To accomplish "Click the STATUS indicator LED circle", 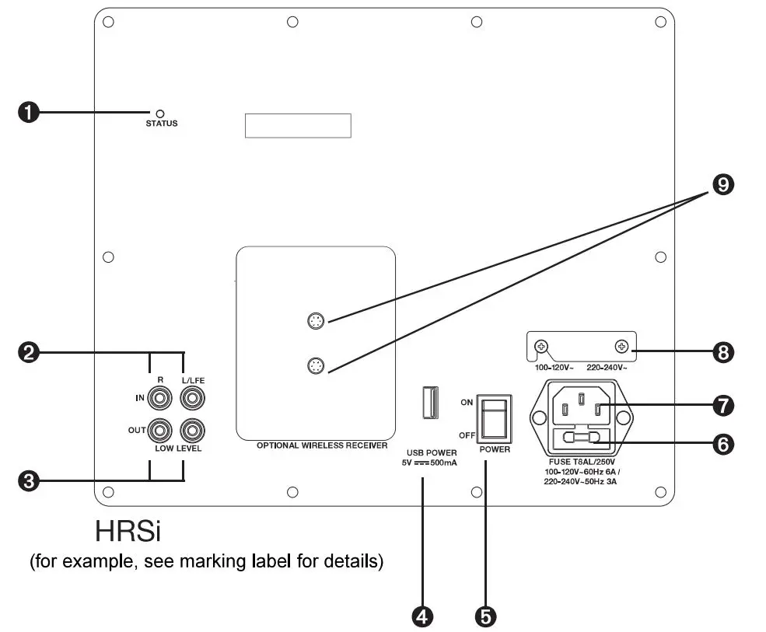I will pyautogui.click(x=161, y=113).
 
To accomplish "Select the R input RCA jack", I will pyautogui.click(x=160, y=399).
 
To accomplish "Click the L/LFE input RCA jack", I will pyautogui.click(x=191, y=399).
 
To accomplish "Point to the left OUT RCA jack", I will pyautogui.click(x=160, y=428).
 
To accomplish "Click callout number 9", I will pyautogui.click(x=723, y=184).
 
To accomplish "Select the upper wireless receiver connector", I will pyautogui.click(x=315, y=320).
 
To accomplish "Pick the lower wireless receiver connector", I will pyautogui.click(x=315, y=365).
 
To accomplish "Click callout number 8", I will pyautogui.click(x=723, y=352).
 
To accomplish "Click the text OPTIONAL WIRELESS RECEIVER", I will pyautogui.click(x=322, y=446).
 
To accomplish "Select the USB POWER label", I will pyautogui.click(x=432, y=452).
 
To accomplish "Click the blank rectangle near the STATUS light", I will pyautogui.click(x=298, y=125).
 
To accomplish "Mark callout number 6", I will pyautogui.click(x=723, y=444).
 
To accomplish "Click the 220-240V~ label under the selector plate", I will pyautogui.click(x=607, y=365).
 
